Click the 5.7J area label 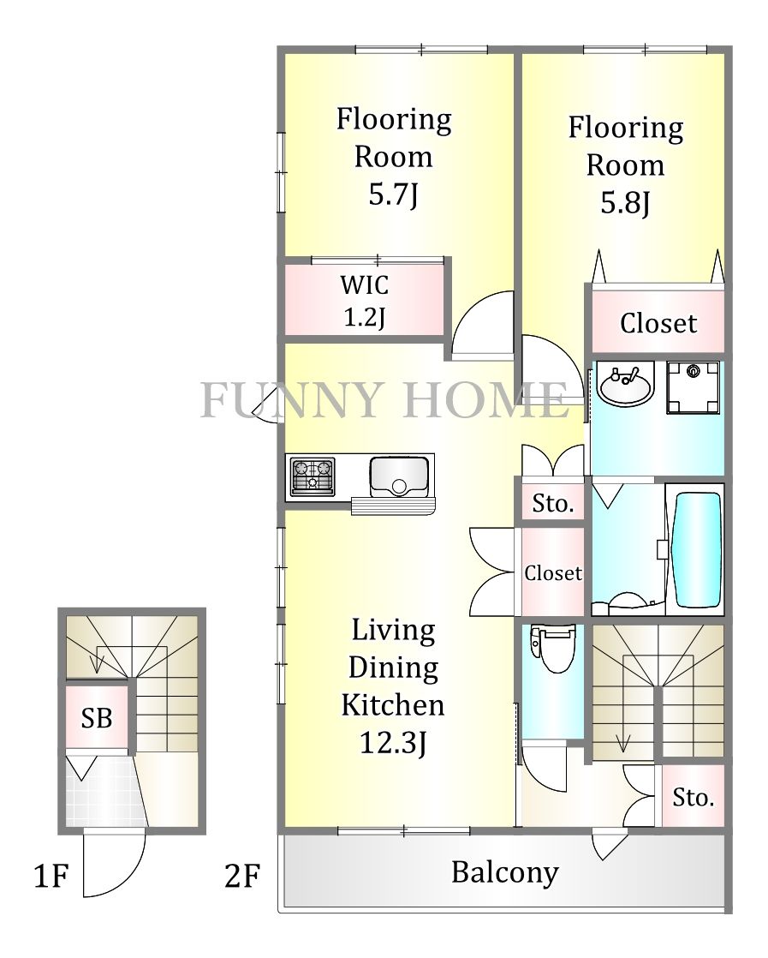[x=393, y=195]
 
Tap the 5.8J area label [x=625, y=203]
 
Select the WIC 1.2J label [x=365, y=301]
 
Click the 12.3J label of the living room [x=393, y=743]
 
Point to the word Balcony [x=505, y=872]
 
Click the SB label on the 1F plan [x=97, y=718]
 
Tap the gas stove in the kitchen [x=313, y=476]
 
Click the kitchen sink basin [x=399, y=476]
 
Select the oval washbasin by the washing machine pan [x=626, y=384]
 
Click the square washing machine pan [x=693, y=387]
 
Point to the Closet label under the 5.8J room [x=658, y=323]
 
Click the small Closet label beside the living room [x=553, y=573]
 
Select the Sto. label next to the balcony [x=694, y=797]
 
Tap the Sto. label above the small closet [x=553, y=504]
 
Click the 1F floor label [x=51, y=876]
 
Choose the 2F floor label [x=242, y=876]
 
